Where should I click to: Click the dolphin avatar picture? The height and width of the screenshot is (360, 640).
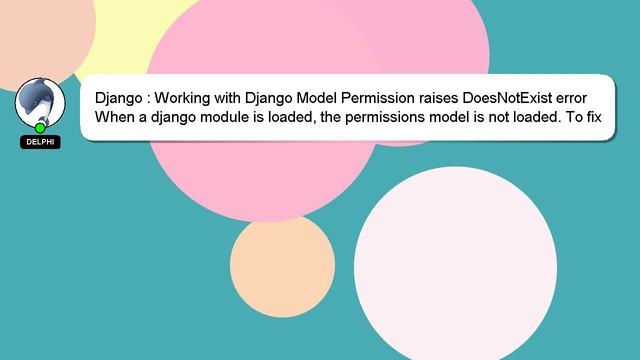[x=40, y=101]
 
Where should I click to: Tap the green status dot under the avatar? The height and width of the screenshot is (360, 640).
[x=40, y=128]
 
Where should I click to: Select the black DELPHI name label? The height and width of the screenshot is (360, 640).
[x=40, y=142]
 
